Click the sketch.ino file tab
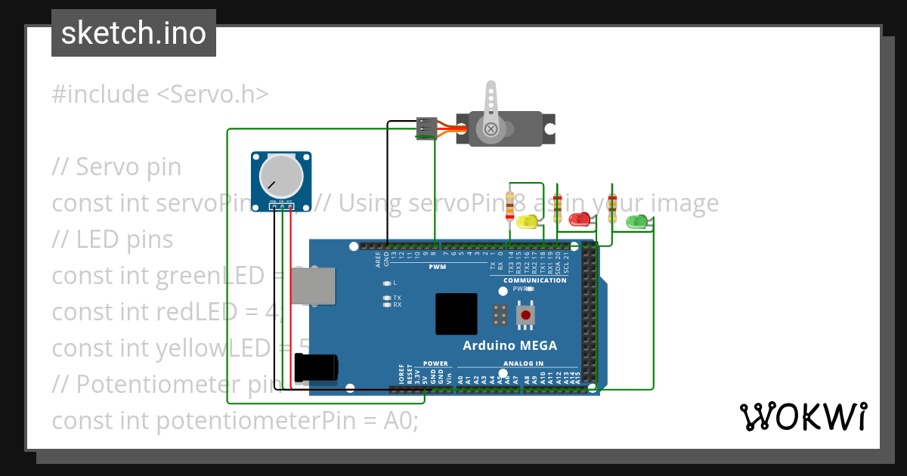click(x=133, y=33)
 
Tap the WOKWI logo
click(x=803, y=416)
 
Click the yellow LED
click(x=527, y=221)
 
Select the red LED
click(x=579, y=220)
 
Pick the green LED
click(x=636, y=221)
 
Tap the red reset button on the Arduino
click(x=525, y=314)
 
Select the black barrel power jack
click(x=317, y=368)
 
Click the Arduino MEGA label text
click(x=509, y=346)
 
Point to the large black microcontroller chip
click(x=456, y=314)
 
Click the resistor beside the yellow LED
click(x=511, y=205)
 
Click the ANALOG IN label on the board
click(x=524, y=363)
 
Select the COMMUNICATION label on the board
click(x=535, y=280)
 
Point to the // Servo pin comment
click(x=116, y=166)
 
